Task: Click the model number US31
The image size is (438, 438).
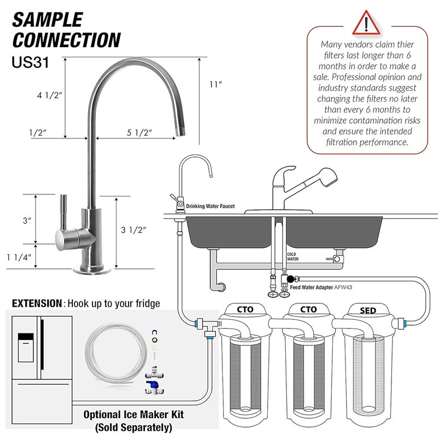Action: pos(31,62)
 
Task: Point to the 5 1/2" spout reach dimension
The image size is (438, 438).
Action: pos(138,132)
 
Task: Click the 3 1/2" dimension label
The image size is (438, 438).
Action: pos(134,230)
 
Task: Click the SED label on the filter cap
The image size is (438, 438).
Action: pos(368,310)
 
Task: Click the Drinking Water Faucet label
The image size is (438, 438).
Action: pos(210,206)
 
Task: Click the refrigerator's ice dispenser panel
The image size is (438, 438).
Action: pos(26,348)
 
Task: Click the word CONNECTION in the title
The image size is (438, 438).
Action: pos(66,40)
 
